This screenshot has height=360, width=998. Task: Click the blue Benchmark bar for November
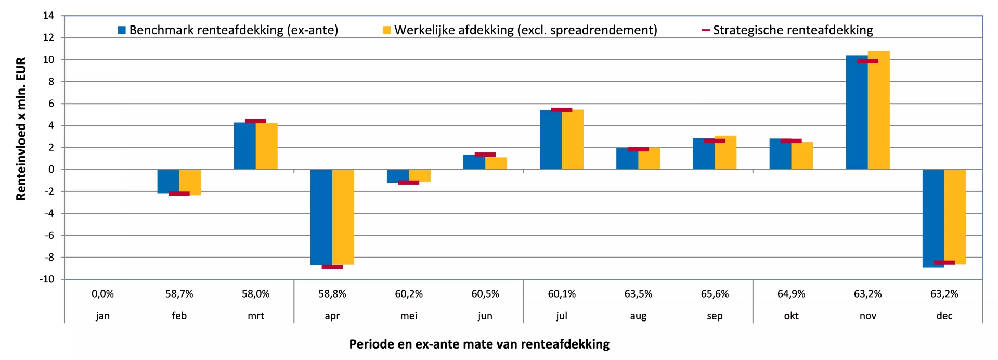857,112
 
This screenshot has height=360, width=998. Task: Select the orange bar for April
343,216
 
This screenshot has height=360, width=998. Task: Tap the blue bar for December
933,218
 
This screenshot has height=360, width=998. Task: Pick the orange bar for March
267,146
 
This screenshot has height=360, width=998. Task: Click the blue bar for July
551,139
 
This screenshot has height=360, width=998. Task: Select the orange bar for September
725,152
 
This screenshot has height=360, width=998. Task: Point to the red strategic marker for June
485,155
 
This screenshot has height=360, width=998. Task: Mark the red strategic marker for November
867,61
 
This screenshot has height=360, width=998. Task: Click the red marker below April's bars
332,267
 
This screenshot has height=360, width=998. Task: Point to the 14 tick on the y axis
48,16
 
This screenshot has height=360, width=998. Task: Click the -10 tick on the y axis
47,279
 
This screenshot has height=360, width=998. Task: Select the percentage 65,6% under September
715,294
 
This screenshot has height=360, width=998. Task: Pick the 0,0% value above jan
102,294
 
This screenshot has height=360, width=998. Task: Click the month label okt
791,316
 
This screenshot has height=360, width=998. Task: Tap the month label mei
409,316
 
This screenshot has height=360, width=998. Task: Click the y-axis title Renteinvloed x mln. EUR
21,128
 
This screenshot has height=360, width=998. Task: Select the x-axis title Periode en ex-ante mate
479,344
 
